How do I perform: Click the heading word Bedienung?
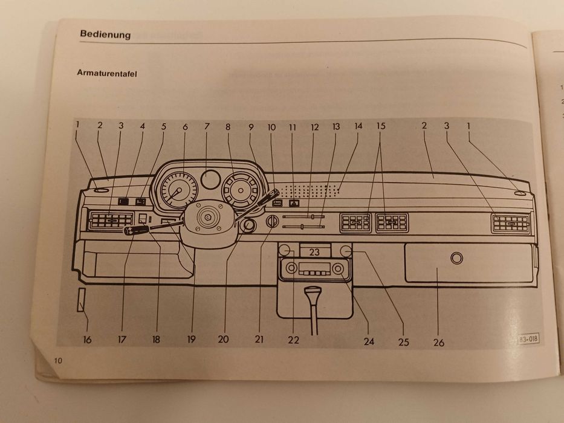105,34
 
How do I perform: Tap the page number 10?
58,360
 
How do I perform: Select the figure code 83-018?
528,339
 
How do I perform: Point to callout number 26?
438,342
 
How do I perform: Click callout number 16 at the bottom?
88,340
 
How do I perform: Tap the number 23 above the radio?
314,252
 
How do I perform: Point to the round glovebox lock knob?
456,258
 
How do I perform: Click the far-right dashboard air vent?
511,224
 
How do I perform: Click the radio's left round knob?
292,268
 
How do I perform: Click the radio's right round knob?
339,268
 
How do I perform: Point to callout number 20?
224,339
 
